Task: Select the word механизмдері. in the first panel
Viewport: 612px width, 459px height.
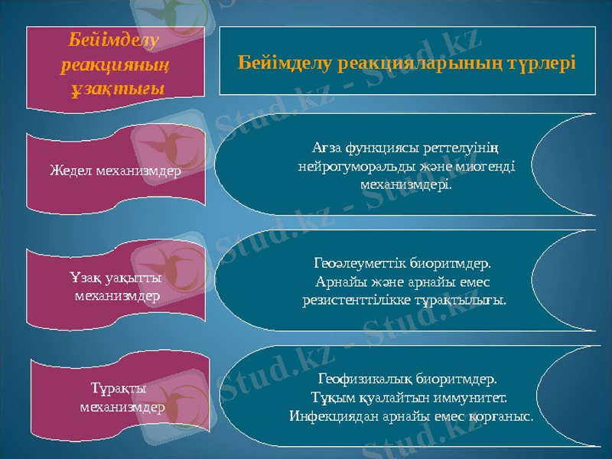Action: (x=405, y=184)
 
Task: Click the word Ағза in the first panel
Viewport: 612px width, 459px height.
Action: (x=327, y=146)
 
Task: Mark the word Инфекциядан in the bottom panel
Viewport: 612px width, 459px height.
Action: (x=324, y=417)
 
